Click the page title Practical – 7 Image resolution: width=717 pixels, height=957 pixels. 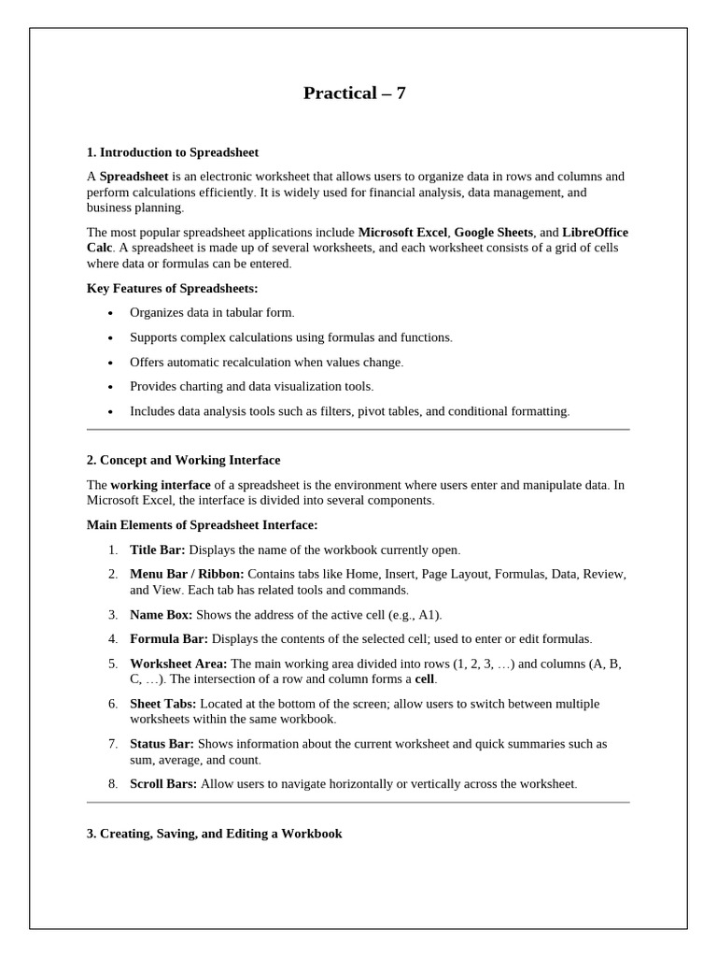[355, 93]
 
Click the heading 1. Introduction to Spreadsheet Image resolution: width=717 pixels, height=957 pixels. [173, 151]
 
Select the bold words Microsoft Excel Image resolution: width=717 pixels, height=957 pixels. [402, 232]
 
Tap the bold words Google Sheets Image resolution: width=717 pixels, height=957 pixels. [494, 232]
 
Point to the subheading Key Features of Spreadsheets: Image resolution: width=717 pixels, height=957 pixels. [172, 288]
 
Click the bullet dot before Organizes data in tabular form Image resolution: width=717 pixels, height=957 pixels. [110, 313]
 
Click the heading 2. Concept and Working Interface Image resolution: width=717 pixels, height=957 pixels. [183, 460]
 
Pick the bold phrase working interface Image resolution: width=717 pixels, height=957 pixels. [161, 484]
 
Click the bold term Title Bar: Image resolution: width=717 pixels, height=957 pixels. [158, 550]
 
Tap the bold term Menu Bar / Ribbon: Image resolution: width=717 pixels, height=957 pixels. [187, 574]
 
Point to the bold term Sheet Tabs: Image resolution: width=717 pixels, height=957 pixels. [163, 703]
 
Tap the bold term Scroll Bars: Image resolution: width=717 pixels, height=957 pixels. [163, 783]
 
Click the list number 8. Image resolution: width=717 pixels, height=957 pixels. [111, 783]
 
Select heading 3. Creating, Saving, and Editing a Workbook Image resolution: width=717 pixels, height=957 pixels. [214, 833]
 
